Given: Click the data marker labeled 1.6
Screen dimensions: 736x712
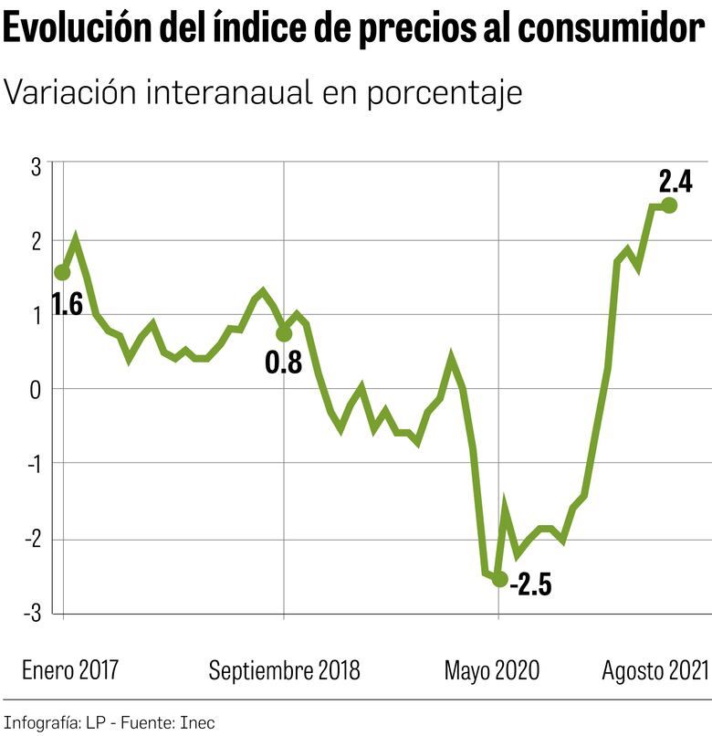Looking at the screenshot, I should (x=62, y=272).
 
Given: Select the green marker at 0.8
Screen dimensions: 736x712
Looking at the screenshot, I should (x=284, y=334).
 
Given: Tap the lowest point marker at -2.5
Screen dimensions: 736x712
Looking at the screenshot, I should (x=499, y=579).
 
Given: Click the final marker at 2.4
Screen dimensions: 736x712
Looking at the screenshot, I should (x=669, y=205).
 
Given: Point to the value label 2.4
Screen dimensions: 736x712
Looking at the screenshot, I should (x=675, y=180).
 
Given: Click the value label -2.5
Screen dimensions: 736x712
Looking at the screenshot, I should (x=530, y=584).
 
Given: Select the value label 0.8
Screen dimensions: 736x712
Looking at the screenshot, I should (x=283, y=363).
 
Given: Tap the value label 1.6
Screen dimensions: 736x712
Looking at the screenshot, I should (x=67, y=304).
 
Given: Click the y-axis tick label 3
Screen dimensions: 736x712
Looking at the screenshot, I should (x=37, y=165).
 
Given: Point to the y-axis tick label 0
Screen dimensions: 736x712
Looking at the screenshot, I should (x=37, y=389).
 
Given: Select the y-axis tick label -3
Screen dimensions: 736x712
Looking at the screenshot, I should (x=33, y=613).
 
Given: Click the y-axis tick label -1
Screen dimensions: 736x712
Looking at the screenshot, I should (x=33, y=464).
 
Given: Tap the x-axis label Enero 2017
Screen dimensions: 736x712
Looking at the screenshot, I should (x=69, y=670).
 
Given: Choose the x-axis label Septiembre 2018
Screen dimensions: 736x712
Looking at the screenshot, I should (x=284, y=670).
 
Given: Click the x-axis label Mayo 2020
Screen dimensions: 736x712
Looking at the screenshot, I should (x=492, y=670).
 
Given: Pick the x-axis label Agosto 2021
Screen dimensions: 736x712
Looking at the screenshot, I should (x=654, y=670).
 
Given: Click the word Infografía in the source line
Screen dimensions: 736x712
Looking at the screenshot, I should (x=42, y=722).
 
